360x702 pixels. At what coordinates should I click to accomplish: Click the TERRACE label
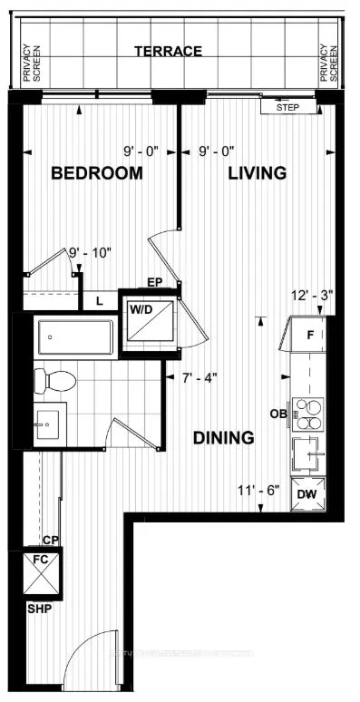point(168,52)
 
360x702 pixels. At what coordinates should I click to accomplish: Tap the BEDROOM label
point(96,173)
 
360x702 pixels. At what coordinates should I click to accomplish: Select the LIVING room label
point(257,172)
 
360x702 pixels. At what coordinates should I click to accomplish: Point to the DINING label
point(223,437)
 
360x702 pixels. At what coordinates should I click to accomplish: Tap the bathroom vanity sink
point(46,424)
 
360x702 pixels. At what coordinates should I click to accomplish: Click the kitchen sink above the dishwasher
point(308,450)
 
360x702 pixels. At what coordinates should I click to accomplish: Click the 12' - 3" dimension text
point(310,295)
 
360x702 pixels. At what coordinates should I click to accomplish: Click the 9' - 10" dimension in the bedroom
point(91,254)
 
